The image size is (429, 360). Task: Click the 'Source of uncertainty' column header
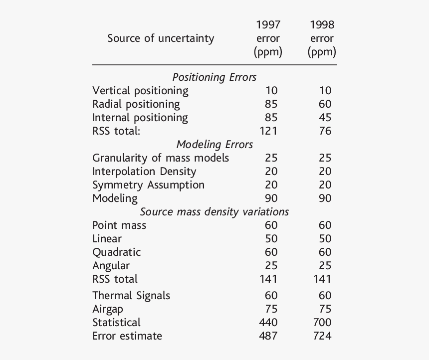click(x=160, y=38)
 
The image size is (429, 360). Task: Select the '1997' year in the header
click(x=268, y=24)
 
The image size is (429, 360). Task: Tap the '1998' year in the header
click(x=322, y=24)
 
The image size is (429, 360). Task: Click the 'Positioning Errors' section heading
click(x=214, y=77)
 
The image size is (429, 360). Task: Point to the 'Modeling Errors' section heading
click(x=214, y=145)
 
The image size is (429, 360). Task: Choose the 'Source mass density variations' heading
click(x=214, y=211)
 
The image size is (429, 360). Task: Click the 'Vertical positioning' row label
click(x=140, y=91)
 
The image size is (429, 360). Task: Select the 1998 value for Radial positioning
click(x=325, y=104)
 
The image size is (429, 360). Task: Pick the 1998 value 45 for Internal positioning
click(x=325, y=118)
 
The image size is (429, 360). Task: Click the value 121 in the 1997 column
click(x=268, y=131)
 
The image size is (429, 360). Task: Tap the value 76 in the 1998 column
click(x=325, y=131)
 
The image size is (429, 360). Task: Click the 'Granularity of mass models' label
click(x=161, y=158)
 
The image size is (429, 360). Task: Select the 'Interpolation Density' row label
click(x=144, y=172)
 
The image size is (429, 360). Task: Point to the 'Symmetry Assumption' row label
click(x=148, y=185)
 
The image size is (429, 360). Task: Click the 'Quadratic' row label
click(x=116, y=252)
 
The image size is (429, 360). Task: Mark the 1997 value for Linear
click(x=271, y=239)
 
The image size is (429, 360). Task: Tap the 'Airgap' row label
click(x=107, y=309)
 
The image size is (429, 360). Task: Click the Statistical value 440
click(x=268, y=323)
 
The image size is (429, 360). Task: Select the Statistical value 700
click(x=322, y=323)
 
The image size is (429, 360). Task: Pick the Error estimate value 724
click(x=322, y=336)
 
